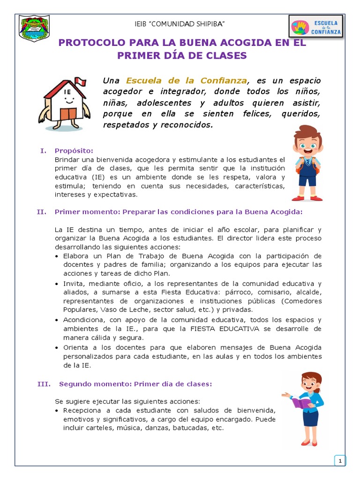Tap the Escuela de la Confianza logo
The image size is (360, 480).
click(x=315, y=27)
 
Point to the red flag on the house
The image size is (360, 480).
click(x=81, y=83)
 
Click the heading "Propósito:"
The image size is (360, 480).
click(x=74, y=150)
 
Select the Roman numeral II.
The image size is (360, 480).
click(x=41, y=212)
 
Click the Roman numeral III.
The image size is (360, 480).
click(x=43, y=384)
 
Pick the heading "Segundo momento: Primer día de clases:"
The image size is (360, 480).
click(x=135, y=384)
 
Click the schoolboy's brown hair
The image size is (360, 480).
click(x=307, y=133)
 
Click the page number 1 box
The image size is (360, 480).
click(x=339, y=461)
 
